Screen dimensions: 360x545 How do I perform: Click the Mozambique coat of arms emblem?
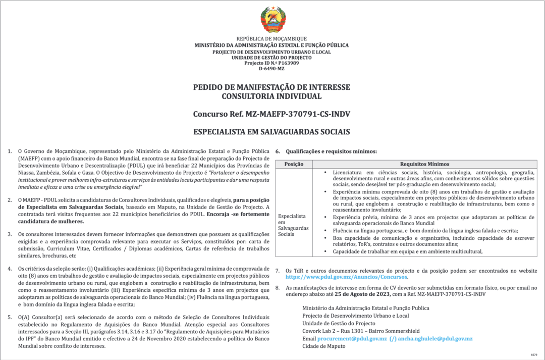coord(272,20)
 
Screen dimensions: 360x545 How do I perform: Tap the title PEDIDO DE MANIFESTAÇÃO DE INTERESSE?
coord(271,87)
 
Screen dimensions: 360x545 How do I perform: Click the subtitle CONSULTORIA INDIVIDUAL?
coord(271,96)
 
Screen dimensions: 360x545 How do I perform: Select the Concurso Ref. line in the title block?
coord(271,114)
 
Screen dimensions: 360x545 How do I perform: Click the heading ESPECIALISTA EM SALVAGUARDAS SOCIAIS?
coord(271,132)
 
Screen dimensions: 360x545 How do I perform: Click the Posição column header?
coord(294,164)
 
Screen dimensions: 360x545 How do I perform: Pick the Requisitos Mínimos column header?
coord(424,164)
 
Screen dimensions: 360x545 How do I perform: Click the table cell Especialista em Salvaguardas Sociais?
coord(293,225)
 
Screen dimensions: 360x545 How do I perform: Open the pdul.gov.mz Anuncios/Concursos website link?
coord(347,277)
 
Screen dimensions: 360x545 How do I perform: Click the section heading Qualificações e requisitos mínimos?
coord(331,151)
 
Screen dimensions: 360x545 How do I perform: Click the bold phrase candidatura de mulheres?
coord(51,222)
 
